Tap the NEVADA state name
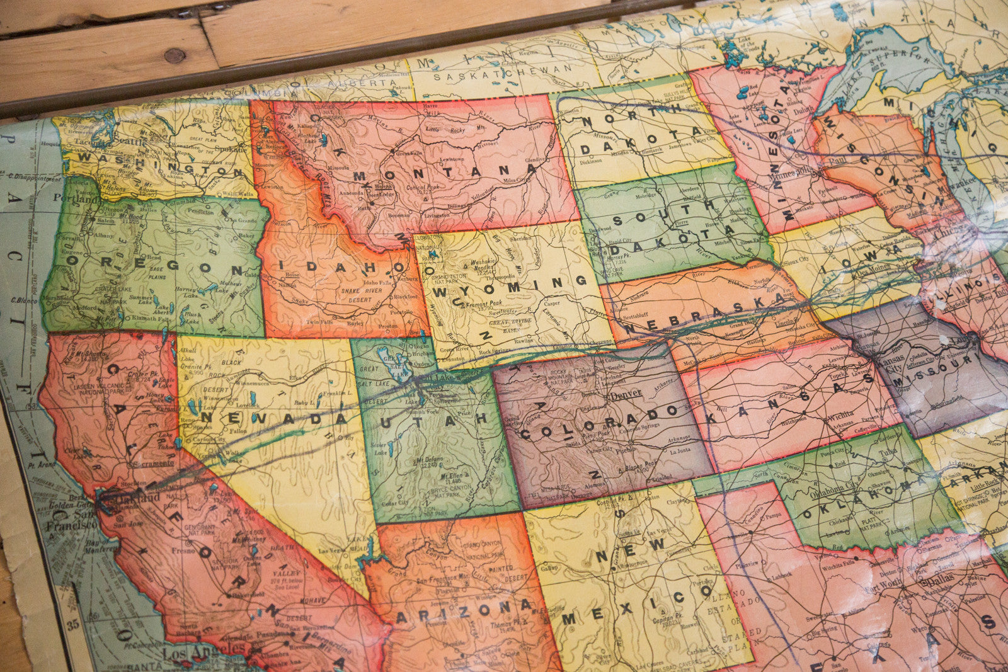click(x=273, y=417)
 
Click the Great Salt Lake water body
click(x=386, y=360)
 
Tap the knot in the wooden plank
click(x=175, y=55)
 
